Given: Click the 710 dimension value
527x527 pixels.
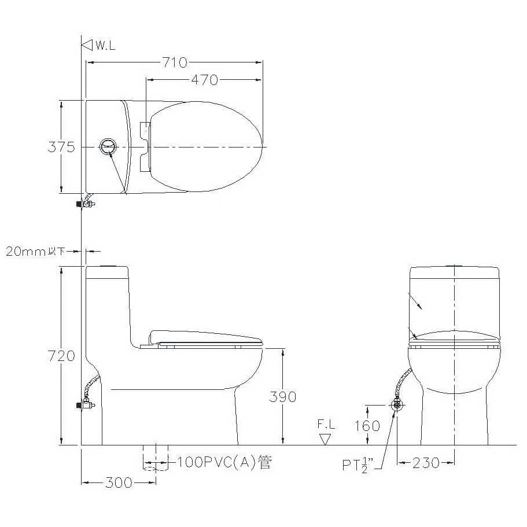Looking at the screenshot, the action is tap(175, 62).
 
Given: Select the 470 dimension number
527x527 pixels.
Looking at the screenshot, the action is tap(204, 80).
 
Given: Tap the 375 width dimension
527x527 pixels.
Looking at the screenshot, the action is tap(61, 147).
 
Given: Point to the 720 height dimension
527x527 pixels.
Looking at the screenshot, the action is tap(61, 356).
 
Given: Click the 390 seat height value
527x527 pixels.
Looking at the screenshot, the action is tap(283, 397).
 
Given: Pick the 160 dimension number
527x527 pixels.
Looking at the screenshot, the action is tap(367, 426).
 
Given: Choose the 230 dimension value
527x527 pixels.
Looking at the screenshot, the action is tap(426, 463).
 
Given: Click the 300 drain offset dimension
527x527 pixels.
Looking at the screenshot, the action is tap(119, 482).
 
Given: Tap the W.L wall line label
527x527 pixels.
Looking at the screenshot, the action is tap(105, 45).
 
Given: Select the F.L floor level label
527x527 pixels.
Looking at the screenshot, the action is tap(326, 424).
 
